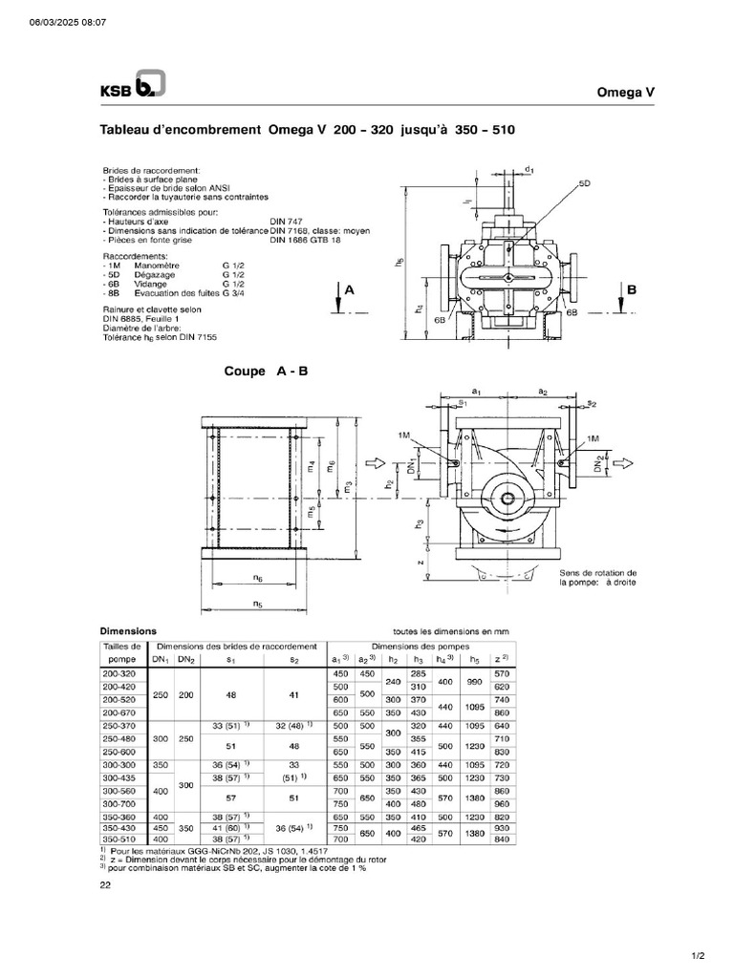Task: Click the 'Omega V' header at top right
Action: pos(625,92)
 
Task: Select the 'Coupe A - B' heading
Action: pos(266,371)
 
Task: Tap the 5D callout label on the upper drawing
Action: pos(584,181)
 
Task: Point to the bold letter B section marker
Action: pos(631,288)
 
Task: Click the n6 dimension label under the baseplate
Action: pos(258,578)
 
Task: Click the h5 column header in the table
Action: pos(475,659)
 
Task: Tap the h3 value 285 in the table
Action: pos(418,673)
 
